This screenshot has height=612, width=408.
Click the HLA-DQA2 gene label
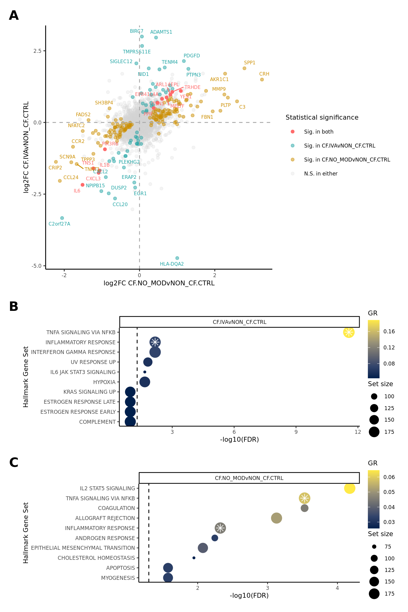point(172,264)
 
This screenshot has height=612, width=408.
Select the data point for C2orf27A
point(62,218)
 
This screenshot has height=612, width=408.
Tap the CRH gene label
point(264,74)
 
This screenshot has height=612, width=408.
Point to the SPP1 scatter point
point(244,68)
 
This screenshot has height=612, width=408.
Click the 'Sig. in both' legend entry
point(319,132)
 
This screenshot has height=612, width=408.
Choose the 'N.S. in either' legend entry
point(321,174)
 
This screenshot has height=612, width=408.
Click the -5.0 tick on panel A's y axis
point(37,266)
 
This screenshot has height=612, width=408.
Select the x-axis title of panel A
point(159,283)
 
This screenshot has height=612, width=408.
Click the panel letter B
point(14,307)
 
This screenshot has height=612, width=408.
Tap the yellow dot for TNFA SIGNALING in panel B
point(348,332)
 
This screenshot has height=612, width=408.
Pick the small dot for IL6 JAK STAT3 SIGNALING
point(145,372)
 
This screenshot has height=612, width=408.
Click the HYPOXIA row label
point(104,382)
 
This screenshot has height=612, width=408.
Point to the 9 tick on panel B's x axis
point(296,432)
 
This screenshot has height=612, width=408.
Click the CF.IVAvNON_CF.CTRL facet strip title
point(240,322)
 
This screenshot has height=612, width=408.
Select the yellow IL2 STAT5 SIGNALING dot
point(349,488)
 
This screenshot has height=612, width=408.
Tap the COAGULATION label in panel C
point(116,508)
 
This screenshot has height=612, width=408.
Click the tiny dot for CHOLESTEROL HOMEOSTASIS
point(194,558)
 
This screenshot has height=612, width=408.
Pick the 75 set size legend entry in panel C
point(388,547)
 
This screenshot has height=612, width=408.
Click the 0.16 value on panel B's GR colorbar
point(389,331)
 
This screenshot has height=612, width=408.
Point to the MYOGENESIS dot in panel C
point(168,578)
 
